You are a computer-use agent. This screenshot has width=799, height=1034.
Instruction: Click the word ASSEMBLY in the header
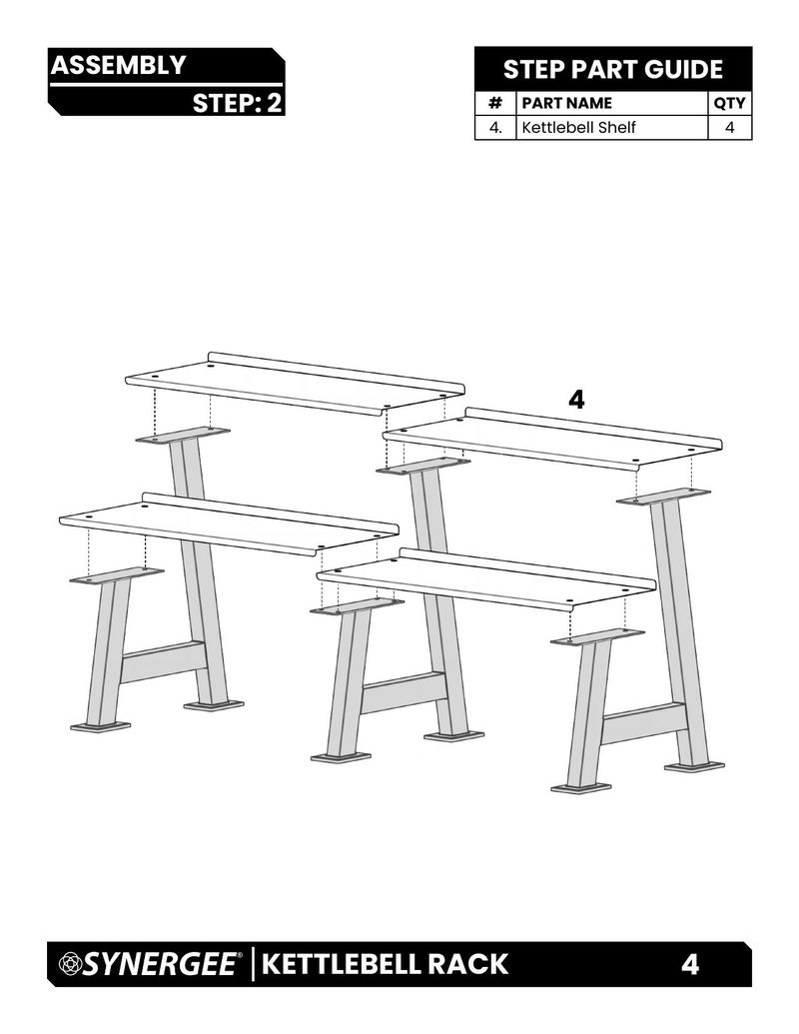pos(118,65)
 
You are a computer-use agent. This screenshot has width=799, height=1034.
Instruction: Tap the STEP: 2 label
pos(237,103)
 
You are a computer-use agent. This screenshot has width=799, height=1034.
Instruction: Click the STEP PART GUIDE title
pos(613,69)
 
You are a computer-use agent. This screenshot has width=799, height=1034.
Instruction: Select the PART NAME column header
pos(567,103)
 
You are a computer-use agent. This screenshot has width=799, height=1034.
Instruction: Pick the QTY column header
pos(729,103)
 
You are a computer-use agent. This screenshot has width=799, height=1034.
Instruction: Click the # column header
pos(495,103)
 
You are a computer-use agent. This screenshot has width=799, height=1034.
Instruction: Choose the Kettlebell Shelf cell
pos(579,127)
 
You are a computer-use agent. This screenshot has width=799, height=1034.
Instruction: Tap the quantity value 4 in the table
pos(729,127)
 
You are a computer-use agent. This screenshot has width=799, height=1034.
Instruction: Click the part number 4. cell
pos(495,127)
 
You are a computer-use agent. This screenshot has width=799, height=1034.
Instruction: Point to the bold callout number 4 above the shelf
pos(576,399)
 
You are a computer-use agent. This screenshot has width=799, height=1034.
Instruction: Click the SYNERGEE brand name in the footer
pos(160,964)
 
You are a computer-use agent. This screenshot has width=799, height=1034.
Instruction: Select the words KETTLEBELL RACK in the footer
pos(385,964)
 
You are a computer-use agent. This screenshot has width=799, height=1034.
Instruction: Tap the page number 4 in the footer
pos(689,964)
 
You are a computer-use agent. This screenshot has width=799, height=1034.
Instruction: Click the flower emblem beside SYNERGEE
pos(69,964)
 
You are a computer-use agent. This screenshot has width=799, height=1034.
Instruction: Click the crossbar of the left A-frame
pos(162,662)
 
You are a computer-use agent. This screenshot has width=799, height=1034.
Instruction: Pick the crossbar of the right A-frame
pos(643,723)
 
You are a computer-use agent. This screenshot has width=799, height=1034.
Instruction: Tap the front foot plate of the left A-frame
pos(100,726)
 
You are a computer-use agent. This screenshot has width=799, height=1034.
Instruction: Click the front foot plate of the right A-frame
pos(581,788)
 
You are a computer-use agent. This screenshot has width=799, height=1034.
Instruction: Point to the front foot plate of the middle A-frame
pos(341,757)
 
